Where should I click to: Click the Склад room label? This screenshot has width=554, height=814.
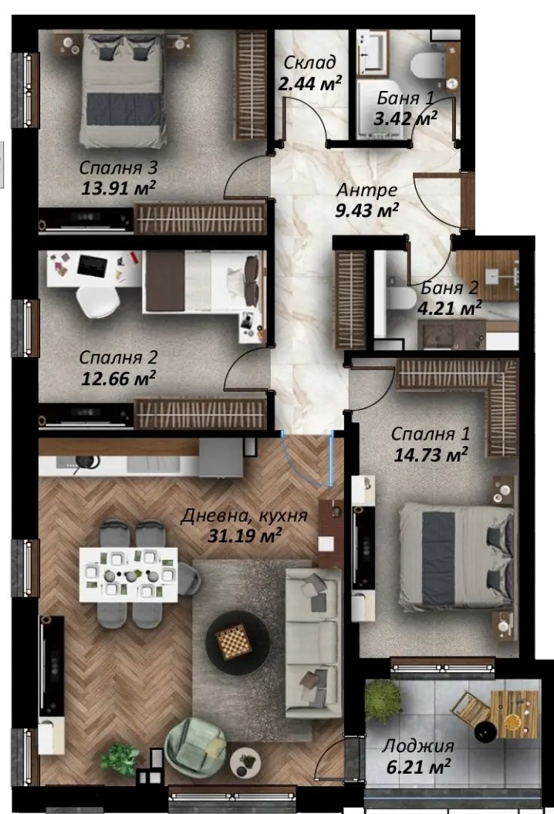[309, 62]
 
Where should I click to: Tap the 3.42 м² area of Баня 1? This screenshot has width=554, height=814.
[406, 118]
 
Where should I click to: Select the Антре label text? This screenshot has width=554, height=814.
[367, 190]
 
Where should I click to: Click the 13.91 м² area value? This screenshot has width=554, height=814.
[118, 187]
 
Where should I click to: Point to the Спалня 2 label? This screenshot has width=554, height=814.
[118, 357]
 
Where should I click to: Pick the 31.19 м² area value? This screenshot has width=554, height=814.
[244, 535]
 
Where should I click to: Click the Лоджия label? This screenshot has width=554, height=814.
[418, 746]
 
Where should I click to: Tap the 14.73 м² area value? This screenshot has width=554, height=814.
[431, 454]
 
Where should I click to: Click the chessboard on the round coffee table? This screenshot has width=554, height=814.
[234, 643]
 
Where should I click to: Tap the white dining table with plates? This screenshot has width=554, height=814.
[128, 574]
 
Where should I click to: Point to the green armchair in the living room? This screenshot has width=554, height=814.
[196, 748]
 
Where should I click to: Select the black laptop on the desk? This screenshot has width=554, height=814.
[93, 265]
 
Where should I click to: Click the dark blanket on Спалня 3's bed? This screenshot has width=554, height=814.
[123, 109]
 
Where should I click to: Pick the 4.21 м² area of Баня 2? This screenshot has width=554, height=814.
[450, 309]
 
